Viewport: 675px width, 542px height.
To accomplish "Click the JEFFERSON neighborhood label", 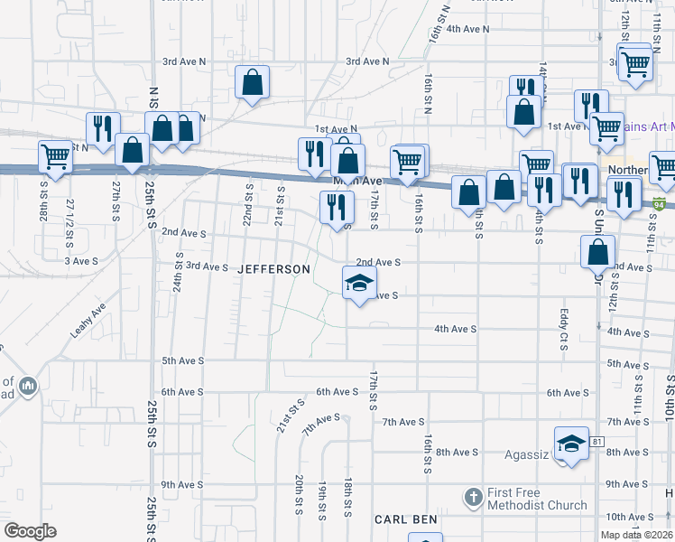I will point(273,269).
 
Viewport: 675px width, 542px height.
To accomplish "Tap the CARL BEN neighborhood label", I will point(406,519).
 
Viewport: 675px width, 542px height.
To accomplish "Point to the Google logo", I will point(30,531).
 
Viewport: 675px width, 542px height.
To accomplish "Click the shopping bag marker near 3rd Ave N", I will point(252,82).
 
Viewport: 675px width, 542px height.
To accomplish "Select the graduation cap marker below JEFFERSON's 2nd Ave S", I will point(359,282).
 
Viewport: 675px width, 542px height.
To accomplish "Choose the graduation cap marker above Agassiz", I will point(571,444).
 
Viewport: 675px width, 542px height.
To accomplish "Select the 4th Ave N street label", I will point(467,29).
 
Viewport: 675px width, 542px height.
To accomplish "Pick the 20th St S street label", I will point(298,496).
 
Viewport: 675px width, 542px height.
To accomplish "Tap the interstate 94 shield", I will point(661,204).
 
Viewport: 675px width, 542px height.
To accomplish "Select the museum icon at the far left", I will point(28,387).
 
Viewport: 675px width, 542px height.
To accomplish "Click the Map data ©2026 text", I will point(636,535).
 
